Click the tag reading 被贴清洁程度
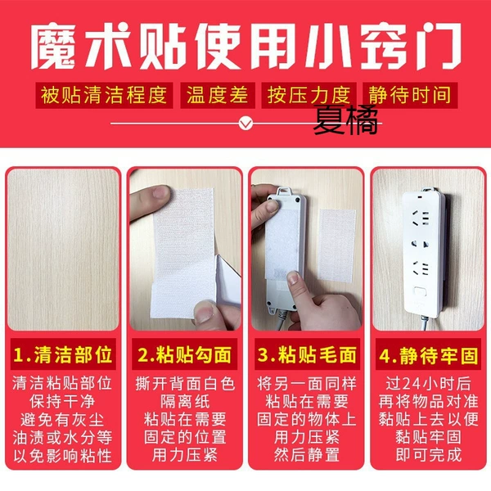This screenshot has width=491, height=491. coord(104,95)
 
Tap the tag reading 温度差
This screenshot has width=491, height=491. coord(218,95)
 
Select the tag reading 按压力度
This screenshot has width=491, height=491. coord(309,95)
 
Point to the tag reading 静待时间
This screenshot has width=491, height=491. coord(410,95)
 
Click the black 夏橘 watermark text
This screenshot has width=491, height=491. coord(345,119)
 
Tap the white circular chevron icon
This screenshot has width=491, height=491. coord(245,124)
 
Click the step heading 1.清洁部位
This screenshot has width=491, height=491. coord(63,354)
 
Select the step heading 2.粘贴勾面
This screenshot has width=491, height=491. coord(184,354)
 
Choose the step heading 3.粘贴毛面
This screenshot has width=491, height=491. coord(307,354)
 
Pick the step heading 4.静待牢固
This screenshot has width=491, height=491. coord(428,355)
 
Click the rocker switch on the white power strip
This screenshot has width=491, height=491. coord(420,291)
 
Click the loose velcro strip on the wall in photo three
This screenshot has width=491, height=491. coord(337,245)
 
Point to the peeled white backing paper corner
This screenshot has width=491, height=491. coord(227,279)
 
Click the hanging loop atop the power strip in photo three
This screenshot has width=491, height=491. coord(283,191)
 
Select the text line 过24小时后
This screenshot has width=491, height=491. coord(428,383)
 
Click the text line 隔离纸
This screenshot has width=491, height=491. coord(185,402)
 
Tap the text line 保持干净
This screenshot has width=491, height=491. coord(62,402)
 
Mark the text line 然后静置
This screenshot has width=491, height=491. coord(307,455)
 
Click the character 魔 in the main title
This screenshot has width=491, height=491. coord(53,46)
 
